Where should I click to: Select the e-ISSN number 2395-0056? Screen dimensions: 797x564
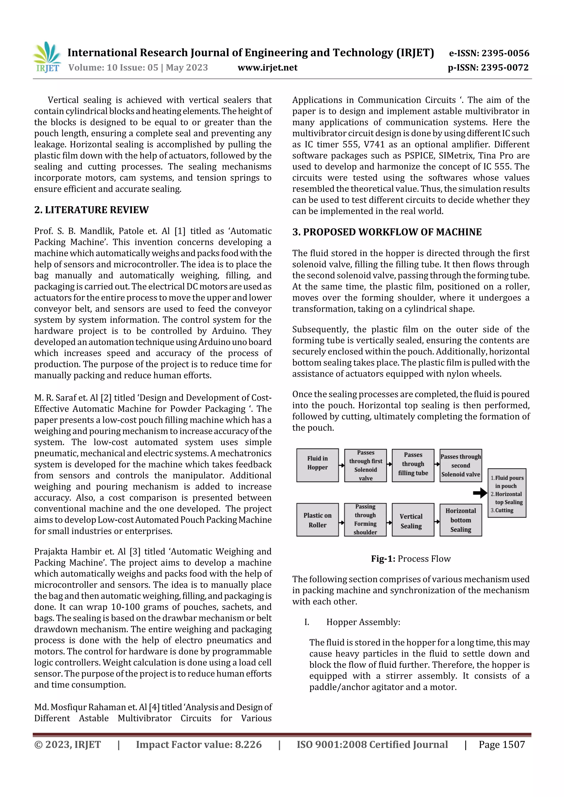click(505, 53)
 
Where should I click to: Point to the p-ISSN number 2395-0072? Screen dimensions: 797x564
click(505, 68)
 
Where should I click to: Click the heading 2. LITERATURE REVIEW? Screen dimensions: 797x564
click(91, 210)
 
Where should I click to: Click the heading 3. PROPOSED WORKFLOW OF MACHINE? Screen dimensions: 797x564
click(387, 232)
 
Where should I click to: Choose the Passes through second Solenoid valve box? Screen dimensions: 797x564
click(460, 465)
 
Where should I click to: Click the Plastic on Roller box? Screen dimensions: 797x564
click(317, 520)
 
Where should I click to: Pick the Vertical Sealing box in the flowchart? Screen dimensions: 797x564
click(413, 520)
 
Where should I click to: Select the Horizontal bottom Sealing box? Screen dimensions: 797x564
click(460, 520)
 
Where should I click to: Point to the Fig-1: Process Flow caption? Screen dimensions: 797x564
click(411, 558)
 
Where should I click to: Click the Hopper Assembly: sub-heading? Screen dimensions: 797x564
click(363, 622)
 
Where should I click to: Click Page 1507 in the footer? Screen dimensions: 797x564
click(501, 744)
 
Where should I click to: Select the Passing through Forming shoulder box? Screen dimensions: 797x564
click(365, 520)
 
